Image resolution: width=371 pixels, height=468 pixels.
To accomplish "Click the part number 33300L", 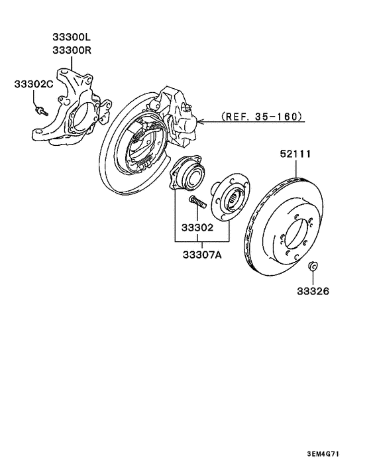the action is coord(72,37).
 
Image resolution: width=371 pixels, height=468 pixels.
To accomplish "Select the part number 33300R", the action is coord(72,50).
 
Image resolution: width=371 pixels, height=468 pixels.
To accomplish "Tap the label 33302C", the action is coord(34,84).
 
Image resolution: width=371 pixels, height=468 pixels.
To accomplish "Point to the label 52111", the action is coord(295,154).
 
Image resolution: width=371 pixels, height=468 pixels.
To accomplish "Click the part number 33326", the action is coord(313,291).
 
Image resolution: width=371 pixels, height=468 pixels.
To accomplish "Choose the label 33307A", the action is coord(202,255).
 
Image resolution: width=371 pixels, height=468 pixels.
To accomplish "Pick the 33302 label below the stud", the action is coord(197,228).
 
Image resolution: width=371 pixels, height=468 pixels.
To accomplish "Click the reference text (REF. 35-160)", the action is coord(262,116).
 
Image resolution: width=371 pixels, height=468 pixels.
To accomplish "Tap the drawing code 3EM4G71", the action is coord(323,454).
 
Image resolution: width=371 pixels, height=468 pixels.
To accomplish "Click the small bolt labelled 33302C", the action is coord(41,111).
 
